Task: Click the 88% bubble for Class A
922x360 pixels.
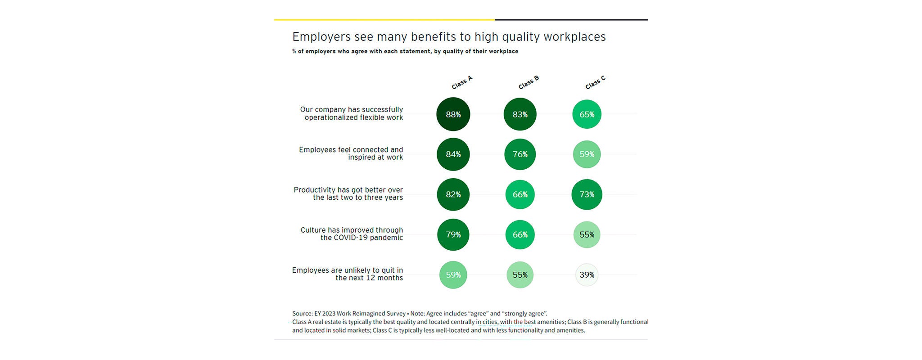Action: click(453, 114)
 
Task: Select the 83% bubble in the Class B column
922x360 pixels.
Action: click(520, 114)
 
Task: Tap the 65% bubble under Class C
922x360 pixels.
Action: click(587, 114)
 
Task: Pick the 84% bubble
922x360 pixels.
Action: click(453, 154)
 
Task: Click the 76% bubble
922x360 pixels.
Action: click(520, 154)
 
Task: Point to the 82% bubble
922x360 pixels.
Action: click(453, 194)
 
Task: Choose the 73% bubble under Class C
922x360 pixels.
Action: click(587, 194)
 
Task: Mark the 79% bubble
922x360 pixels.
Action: click(453, 234)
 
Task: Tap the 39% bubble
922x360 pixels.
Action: click(587, 275)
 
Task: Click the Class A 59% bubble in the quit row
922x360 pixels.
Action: click(453, 275)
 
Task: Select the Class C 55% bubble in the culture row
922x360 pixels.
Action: click(587, 234)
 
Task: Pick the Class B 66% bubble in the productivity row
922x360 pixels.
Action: click(520, 194)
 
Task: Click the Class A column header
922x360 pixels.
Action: click(462, 83)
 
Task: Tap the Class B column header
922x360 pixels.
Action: click(529, 83)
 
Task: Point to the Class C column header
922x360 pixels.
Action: click(595, 83)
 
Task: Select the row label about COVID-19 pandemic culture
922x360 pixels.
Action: click(352, 234)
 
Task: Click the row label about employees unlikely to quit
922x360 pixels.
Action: click(348, 274)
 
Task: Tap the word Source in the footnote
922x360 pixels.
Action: click(302, 314)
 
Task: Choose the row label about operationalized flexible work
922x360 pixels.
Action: click(352, 113)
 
